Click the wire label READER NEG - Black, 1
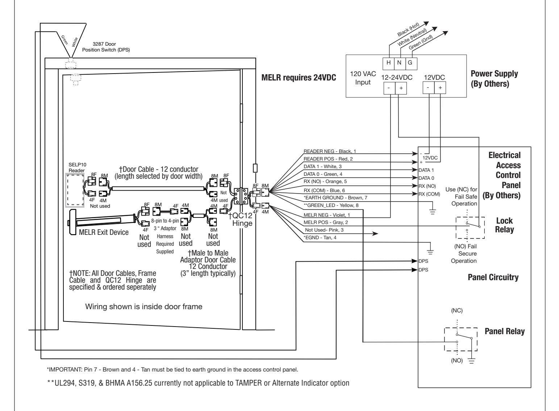[329, 151]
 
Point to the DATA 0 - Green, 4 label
[323, 174]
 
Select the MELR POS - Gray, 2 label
[325, 222]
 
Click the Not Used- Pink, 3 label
[324, 230]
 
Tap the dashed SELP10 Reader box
[75, 190]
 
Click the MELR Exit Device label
[104, 232]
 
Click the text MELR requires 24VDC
[299, 78]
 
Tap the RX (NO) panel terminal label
[427, 186]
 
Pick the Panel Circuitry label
[493, 277]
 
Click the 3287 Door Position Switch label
[106, 47]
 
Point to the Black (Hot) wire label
[408, 29]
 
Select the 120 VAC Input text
[363, 78]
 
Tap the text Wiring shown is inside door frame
[144, 307]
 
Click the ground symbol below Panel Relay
[471, 361]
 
